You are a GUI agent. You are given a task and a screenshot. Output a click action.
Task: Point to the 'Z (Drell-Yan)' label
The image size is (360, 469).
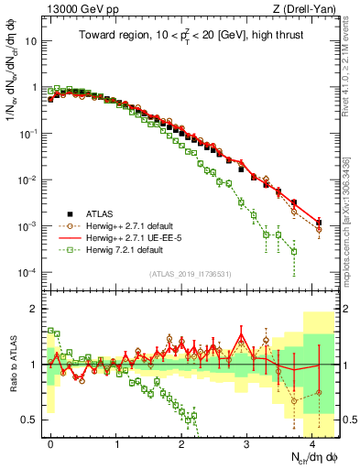310,9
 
